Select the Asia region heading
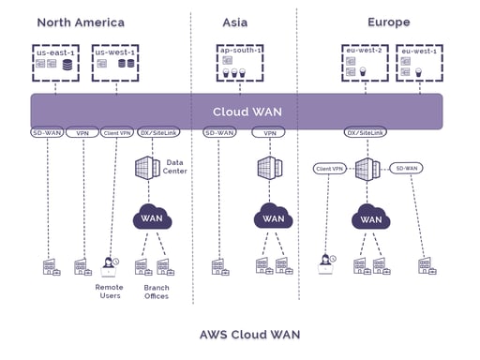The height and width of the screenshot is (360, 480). pyautogui.click(x=235, y=22)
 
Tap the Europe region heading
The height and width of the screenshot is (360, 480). pyautogui.click(x=388, y=22)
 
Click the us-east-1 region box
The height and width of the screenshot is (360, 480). pyautogui.click(x=55, y=62)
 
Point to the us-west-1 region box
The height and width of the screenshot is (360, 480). pyautogui.click(x=114, y=62)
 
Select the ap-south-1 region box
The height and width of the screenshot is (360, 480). pyautogui.click(x=239, y=62)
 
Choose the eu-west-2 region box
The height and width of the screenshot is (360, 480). pyautogui.click(x=365, y=64)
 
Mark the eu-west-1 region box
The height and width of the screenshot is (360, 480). pyautogui.click(x=418, y=64)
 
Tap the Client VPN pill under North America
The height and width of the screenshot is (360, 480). pyautogui.click(x=117, y=133)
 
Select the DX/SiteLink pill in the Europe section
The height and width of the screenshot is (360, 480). pyautogui.click(x=367, y=133)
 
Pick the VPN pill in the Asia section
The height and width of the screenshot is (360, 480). pyautogui.click(x=268, y=133)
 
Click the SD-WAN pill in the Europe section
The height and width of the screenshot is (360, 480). pyautogui.click(x=407, y=168)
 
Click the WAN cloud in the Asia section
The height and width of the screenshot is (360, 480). pyautogui.click(x=273, y=218)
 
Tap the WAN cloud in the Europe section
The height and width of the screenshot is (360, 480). pyautogui.click(x=371, y=219)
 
